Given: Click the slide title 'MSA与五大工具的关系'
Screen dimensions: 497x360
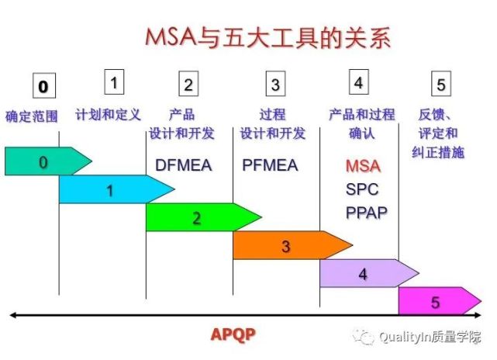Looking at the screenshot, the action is click(x=267, y=38).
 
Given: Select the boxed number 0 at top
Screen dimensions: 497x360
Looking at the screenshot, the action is click(x=44, y=85).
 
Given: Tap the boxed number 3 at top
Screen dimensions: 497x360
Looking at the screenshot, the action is click(x=275, y=84).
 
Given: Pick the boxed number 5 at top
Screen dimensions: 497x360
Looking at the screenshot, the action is click(x=441, y=84).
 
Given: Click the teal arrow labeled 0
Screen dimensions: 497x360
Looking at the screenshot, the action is click(x=48, y=161).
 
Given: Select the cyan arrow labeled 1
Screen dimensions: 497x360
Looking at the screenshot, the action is click(x=116, y=189).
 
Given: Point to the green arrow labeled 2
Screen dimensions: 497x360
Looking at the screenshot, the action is click(x=204, y=217).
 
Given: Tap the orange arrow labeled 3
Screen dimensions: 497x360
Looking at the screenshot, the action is click(x=292, y=245).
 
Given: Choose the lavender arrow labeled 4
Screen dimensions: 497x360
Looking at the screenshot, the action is click(x=369, y=273).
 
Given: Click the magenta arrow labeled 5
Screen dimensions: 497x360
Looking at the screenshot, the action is click(x=440, y=301).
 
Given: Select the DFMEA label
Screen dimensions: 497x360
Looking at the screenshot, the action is click(x=184, y=165).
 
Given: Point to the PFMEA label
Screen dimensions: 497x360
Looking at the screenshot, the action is click(x=270, y=165).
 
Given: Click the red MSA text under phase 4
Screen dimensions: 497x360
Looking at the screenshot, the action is click(x=363, y=166).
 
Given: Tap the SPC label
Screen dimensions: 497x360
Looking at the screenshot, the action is click(x=362, y=189).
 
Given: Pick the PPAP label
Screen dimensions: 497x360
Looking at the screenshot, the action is click(x=367, y=213).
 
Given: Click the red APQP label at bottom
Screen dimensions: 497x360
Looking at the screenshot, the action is click(x=233, y=334).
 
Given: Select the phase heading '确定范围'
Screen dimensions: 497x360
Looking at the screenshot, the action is click(x=32, y=116).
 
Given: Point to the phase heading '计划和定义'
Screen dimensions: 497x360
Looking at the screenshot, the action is click(x=108, y=115).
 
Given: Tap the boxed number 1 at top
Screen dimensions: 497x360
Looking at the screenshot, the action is click(x=114, y=82).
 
